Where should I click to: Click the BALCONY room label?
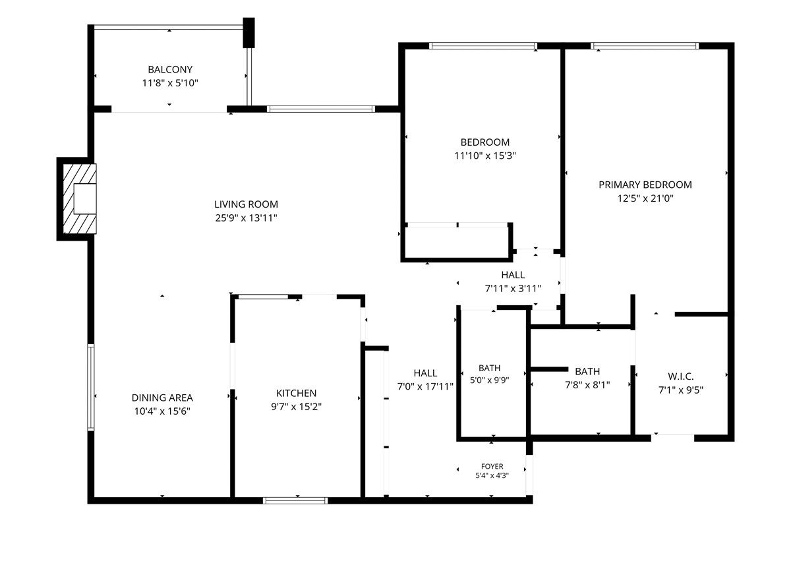pos(170,70)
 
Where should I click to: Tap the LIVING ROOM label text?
pos(246,204)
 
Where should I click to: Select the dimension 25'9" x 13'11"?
pos(246,218)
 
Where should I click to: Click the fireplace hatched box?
pos(80,199)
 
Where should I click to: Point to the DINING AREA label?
pos(162,398)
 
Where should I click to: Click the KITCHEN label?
pos(296,393)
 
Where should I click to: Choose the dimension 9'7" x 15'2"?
pos(296,407)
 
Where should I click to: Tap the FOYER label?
pos(492,466)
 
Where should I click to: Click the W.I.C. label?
pos(681,376)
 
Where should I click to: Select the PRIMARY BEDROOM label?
pos(645,185)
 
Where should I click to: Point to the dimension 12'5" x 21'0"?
pos(645,198)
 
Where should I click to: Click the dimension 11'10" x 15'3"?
pos(485,156)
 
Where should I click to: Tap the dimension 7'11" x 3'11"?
pos(513,289)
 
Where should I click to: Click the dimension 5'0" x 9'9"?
pos(489,380)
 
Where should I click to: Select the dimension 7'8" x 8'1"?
pos(587,385)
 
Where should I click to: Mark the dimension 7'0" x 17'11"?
pos(425,386)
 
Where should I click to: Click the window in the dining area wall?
pos(91,387)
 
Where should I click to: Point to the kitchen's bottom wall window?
pos(295,500)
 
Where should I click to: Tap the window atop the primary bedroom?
pos(645,46)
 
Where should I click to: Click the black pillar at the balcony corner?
pos(249,32)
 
